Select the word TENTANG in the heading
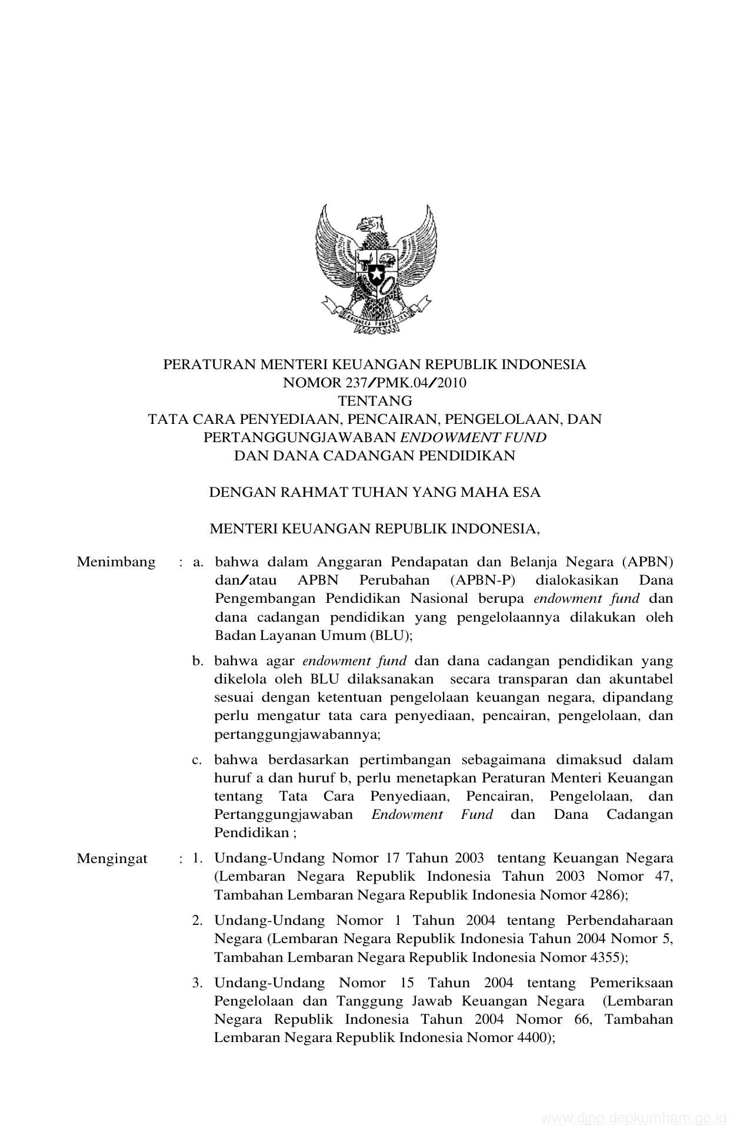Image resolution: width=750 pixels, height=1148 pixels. pos(375,402)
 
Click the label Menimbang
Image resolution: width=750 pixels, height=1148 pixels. pos(116,562)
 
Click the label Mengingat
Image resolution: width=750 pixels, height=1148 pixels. pos(112,859)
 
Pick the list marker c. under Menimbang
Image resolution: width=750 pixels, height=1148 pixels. pos(197,760)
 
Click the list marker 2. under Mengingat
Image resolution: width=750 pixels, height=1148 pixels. pos(197,921)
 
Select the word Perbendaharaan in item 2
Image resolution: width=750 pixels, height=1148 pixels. pos(619,921)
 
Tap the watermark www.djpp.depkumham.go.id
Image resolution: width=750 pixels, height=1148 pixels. pos(634,1119)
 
